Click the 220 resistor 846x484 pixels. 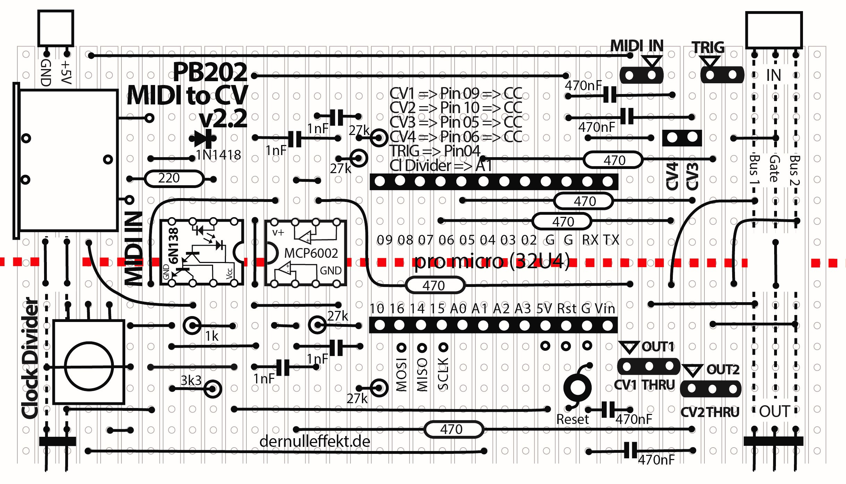tap(174, 179)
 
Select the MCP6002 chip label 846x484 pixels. tap(311, 253)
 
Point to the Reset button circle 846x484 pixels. tap(577, 388)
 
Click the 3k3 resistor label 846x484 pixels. tap(191, 381)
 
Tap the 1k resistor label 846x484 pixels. tap(212, 336)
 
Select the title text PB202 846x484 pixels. tap(210, 72)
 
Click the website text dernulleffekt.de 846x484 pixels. tap(315, 441)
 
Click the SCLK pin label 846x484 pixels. tap(443, 374)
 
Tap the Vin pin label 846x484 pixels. tap(605, 308)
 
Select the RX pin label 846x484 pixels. tap(590, 240)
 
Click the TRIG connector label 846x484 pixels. tap(708, 47)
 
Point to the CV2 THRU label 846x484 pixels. tap(710, 412)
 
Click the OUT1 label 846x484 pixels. tap(658, 347)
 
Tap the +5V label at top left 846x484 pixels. tap(66, 72)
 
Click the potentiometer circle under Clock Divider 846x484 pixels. tap(89, 366)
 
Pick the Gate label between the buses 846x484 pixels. tap(775, 168)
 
